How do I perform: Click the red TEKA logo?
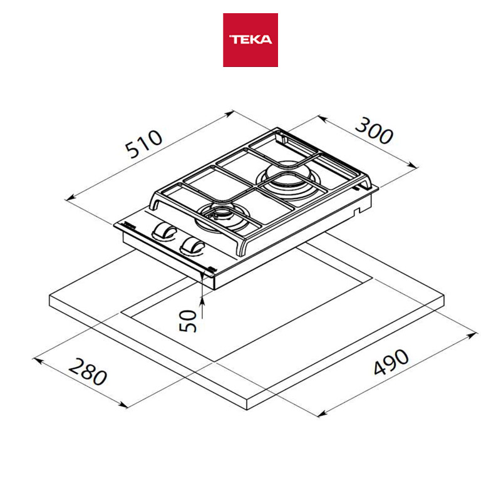pyautogui.click(x=250, y=40)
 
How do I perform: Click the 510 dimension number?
pyautogui.click(x=143, y=144)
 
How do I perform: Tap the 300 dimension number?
pyautogui.click(x=374, y=131)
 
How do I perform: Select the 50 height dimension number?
pyautogui.click(x=187, y=321)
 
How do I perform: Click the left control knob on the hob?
pyautogui.click(x=164, y=231)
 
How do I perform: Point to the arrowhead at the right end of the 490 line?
pyautogui.click(x=473, y=335)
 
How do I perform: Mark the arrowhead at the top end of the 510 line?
pyautogui.click(x=230, y=113)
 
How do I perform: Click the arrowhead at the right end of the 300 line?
pyautogui.click(x=413, y=165)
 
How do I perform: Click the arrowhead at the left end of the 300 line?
pyautogui.click(x=322, y=119)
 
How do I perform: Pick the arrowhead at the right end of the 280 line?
pyautogui.click(x=123, y=405)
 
